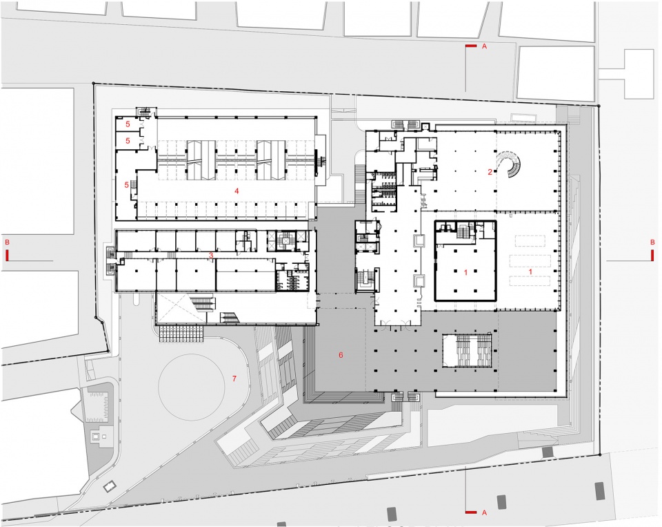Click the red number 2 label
(x=490, y=172)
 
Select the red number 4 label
(x=237, y=191)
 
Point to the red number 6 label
(x=341, y=355)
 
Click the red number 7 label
(x=234, y=379)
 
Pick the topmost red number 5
(x=128, y=124)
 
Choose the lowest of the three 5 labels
(x=126, y=185)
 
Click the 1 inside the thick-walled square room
(x=465, y=273)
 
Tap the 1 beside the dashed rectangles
(x=531, y=271)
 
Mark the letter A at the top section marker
(x=484, y=46)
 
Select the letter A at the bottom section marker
(x=484, y=512)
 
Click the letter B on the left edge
(x=7, y=242)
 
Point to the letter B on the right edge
(x=652, y=242)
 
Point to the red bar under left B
(x=7, y=256)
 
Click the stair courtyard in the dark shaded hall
(x=467, y=351)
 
